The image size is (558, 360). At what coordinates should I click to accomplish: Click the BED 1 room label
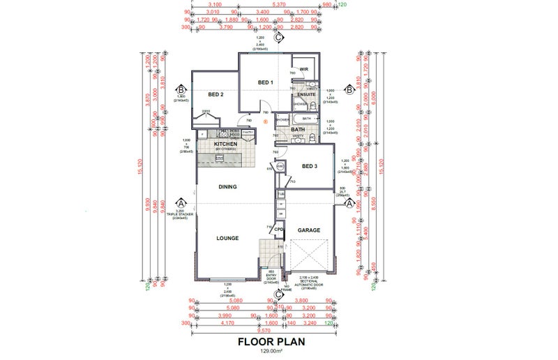coord(266,83)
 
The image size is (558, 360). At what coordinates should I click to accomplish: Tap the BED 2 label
coord(216,94)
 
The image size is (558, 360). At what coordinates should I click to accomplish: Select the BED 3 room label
coord(310,166)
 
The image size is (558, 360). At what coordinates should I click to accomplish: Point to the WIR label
coord(303,69)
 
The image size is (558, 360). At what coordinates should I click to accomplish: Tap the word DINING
coord(227,187)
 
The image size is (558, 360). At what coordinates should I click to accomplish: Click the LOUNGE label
coord(227,238)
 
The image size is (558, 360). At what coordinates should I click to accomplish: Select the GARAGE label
coord(308,230)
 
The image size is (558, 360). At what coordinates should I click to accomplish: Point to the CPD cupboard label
coord(278,229)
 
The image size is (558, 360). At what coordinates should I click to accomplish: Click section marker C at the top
coord(278,39)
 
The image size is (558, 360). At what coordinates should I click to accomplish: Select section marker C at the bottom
coord(278,293)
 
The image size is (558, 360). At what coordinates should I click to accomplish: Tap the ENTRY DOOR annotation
coord(271,276)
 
